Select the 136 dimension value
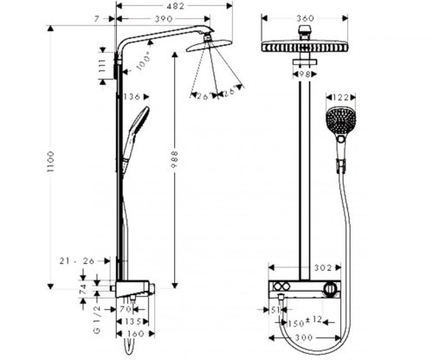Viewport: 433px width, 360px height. coord(132,96)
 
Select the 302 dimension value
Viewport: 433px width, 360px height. coord(300,268)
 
